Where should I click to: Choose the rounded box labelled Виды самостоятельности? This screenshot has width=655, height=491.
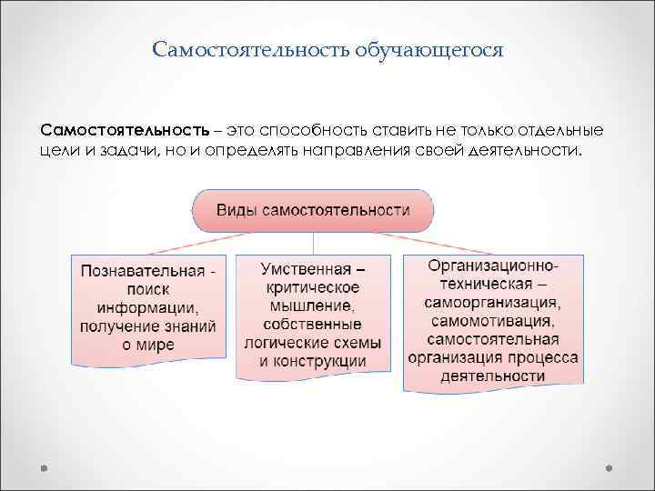[x=312, y=210]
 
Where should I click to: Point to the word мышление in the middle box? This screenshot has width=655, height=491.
[x=311, y=306]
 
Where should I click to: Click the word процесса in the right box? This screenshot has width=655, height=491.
[x=543, y=357]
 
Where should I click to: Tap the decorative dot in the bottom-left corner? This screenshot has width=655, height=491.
[x=45, y=470]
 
